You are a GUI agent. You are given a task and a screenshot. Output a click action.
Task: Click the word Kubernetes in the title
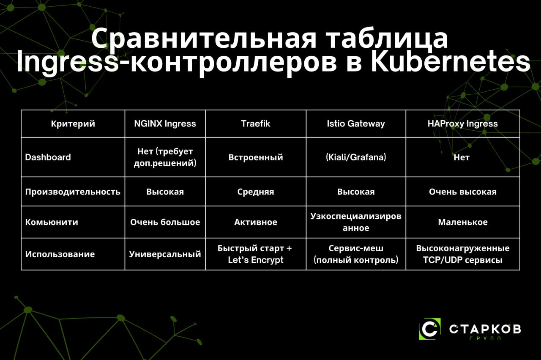(x=451, y=62)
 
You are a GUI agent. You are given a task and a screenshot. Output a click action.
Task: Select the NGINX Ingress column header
(x=165, y=124)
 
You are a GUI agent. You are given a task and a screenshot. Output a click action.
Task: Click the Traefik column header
(x=256, y=124)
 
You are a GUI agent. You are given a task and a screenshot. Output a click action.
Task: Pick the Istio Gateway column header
(x=356, y=124)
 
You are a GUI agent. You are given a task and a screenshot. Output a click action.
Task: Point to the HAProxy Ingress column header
(x=462, y=124)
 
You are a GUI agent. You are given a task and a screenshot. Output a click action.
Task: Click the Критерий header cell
(x=73, y=124)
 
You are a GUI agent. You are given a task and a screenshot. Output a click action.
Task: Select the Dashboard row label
(x=48, y=157)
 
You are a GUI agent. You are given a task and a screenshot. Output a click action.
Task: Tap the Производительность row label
(x=73, y=192)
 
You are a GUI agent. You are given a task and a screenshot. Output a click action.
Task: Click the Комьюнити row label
(x=52, y=222)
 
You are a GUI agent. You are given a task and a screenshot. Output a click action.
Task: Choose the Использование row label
(x=60, y=254)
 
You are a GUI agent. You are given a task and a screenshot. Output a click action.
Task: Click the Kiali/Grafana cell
(x=356, y=157)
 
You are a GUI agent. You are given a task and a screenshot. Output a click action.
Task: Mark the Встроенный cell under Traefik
(x=256, y=157)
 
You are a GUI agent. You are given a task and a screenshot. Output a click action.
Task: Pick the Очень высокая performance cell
(x=462, y=192)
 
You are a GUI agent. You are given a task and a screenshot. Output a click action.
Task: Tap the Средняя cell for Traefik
(x=256, y=192)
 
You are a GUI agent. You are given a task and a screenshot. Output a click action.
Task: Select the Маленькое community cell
(x=462, y=222)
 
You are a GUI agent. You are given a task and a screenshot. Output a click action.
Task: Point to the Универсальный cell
(x=165, y=254)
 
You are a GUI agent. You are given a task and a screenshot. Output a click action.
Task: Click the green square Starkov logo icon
(x=430, y=329)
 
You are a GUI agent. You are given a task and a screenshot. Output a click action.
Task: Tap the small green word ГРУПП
(x=485, y=338)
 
